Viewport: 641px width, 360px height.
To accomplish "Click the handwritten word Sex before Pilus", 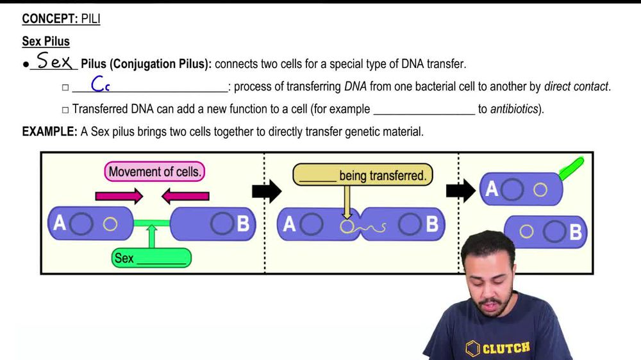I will (54, 62).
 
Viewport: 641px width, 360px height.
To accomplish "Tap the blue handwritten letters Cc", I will (100, 84).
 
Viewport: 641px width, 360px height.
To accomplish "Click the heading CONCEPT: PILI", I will (61, 19).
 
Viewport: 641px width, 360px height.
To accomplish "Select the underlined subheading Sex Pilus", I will (46, 42).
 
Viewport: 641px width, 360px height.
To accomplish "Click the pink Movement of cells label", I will (154, 172).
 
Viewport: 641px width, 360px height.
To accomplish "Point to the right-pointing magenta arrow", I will (119, 196).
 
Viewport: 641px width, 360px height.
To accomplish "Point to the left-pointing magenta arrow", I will (185, 196).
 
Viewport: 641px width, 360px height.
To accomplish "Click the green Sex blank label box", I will (151, 258).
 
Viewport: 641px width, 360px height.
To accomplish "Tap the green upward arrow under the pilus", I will (152, 238).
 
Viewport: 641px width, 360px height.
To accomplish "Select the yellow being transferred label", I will (363, 175).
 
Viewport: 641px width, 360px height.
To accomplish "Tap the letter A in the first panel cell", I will (60, 223).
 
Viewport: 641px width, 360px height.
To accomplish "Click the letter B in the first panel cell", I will (243, 224).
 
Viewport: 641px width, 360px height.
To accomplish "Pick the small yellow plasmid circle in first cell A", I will (110, 224).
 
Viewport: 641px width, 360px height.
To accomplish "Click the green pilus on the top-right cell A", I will (571, 168).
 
